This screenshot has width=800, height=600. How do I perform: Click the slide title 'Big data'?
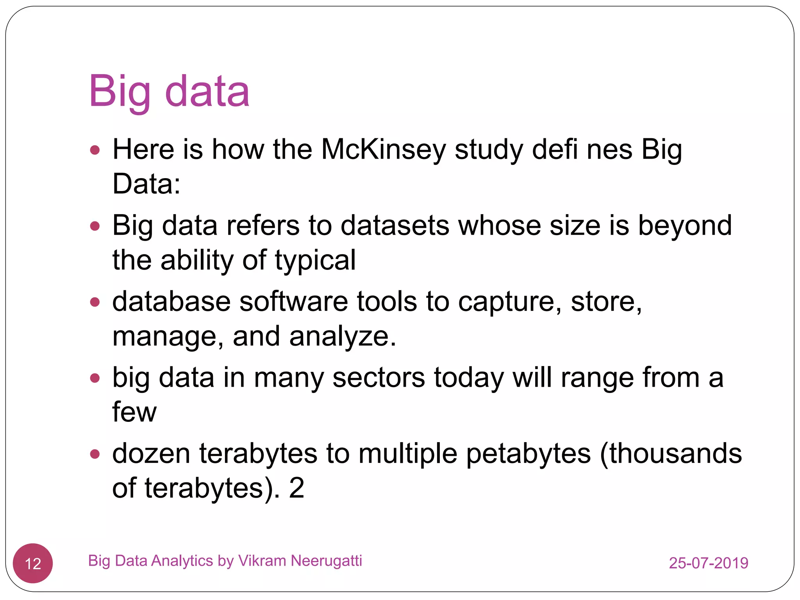(x=169, y=92)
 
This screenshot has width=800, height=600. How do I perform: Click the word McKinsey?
(x=383, y=150)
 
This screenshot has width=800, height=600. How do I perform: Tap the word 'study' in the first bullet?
(x=489, y=150)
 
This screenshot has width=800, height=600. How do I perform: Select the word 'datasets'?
(x=395, y=226)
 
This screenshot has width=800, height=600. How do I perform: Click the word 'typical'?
(x=315, y=261)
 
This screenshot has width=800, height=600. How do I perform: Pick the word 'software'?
(x=293, y=302)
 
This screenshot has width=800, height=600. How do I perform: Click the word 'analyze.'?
(x=343, y=337)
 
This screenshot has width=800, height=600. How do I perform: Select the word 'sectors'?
(x=379, y=378)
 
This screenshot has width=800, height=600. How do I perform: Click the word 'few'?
(x=134, y=412)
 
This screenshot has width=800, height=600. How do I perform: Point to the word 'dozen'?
(x=151, y=454)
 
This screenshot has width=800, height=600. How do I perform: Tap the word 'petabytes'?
(x=529, y=454)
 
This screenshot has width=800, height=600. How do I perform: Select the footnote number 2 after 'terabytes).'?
(x=296, y=488)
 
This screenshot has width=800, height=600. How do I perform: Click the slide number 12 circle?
(x=33, y=563)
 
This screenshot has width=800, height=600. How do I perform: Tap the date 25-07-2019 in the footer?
(x=708, y=563)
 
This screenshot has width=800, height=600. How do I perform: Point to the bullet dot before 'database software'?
(x=95, y=302)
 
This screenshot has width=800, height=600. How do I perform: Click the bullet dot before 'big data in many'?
(x=95, y=378)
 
